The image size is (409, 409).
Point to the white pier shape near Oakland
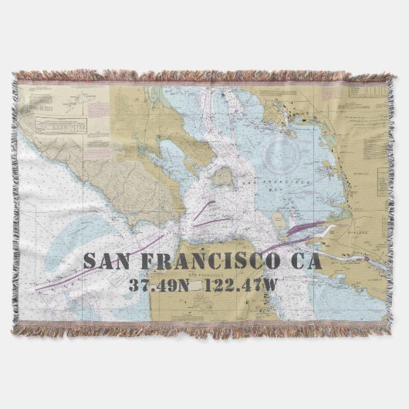tap(327, 231)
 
